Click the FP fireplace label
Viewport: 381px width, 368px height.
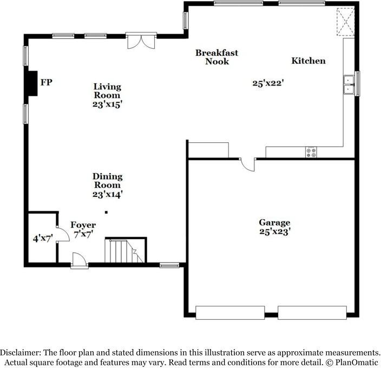[x=48, y=82]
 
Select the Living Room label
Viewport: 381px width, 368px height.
[x=107, y=90]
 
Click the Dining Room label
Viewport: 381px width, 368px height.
[x=107, y=181]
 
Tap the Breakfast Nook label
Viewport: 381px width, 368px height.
[x=217, y=57]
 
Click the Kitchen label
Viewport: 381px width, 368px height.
[x=308, y=61]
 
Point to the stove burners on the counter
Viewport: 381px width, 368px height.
[x=311, y=152]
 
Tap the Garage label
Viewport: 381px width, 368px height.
[x=274, y=222]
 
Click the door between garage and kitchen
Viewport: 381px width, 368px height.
[x=248, y=164]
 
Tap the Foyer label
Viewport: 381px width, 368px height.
[x=83, y=225]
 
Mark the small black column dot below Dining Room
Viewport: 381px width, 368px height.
[x=107, y=212]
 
